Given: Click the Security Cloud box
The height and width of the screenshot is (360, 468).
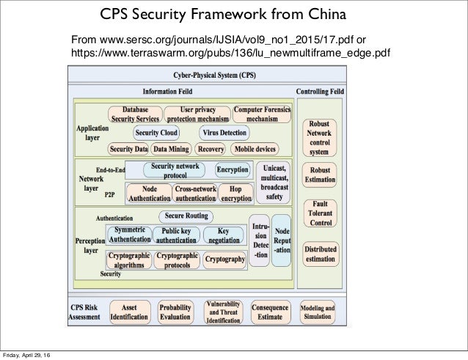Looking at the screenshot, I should (x=156, y=133).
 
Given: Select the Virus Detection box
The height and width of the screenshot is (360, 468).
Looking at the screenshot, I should (x=224, y=133).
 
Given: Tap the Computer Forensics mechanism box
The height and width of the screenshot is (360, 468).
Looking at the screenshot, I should (x=263, y=114).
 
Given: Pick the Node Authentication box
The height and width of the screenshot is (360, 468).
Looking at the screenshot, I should (x=149, y=193).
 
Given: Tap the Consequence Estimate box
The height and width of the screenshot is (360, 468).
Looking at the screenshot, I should (x=271, y=311).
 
